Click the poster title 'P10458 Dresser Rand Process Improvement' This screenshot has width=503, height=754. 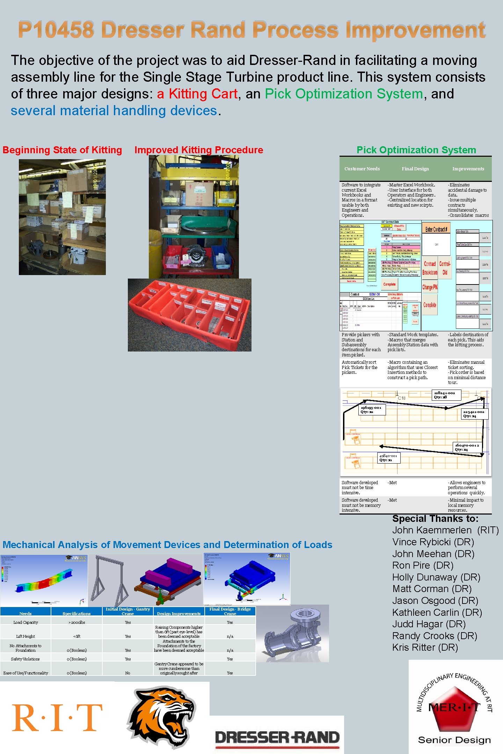coord(251,30)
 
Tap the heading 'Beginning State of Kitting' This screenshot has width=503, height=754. coord(62,150)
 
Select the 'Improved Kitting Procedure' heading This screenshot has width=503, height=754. coord(199,150)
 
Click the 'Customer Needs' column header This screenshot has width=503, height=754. coord(362,169)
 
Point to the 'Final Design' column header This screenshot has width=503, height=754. coord(415,169)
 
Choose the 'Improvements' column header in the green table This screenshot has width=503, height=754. coord(468,169)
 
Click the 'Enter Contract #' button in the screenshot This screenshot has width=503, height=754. coord(436,229)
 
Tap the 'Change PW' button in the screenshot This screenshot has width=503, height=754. coord(430,287)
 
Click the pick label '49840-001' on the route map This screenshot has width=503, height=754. coord(389,458)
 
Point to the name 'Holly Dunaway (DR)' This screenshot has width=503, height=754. coord(436,577)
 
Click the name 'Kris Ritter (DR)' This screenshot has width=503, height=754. coord(425,648)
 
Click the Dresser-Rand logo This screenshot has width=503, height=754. coord(277,737)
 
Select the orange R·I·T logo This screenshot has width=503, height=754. coord(57,717)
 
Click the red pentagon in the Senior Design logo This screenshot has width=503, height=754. coord(453,709)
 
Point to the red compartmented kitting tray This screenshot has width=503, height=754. coord(189,315)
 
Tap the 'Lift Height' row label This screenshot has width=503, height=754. coord(25,636)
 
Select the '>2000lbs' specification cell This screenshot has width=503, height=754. coord(76,622)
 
